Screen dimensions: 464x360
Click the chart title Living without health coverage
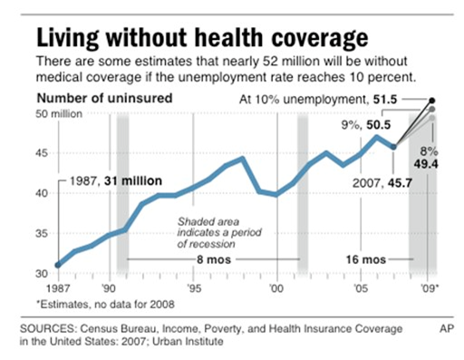[x=202, y=38]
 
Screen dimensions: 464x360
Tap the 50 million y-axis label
[x=59, y=114]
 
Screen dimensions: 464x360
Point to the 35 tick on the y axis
[x=42, y=233]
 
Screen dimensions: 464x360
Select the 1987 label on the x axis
[x=58, y=288]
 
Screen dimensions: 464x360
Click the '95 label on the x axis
[x=194, y=288]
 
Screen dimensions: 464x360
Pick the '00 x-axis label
[x=276, y=288]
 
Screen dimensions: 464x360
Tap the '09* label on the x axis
[x=429, y=288]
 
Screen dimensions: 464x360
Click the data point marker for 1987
[x=58, y=265]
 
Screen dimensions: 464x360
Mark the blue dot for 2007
[x=393, y=147]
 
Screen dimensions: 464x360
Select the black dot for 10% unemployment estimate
[x=432, y=101]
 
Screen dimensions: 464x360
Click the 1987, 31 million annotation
[x=116, y=180]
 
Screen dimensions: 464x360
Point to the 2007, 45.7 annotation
[x=382, y=183]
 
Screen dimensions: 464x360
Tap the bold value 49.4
[x=426, y=164]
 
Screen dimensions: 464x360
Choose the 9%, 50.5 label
[x=366, y=125]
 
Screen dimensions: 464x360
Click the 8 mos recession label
[x=214, y=259]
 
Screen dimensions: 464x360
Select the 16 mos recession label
[x=366, y=259]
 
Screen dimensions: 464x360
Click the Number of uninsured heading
[x=104, y=98]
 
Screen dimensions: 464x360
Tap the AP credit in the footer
[x=447, y=329]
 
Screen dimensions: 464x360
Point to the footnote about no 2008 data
[x=105, y=304]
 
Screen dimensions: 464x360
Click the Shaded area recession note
[x=219, y=232]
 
